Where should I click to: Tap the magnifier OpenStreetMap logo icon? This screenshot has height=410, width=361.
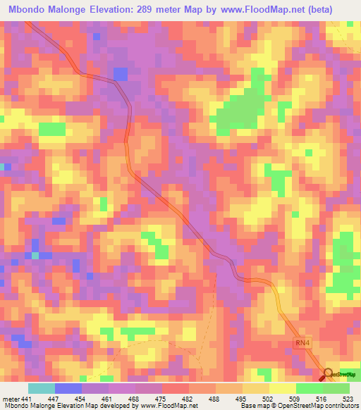pyautogui.click(x=328, y=373)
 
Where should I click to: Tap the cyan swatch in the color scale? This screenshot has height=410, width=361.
pyautogui.click(x=42, y=388)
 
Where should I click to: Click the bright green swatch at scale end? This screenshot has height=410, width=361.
pyautogui.click(x=336, y=388)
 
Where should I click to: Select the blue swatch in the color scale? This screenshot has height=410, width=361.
pyautogui.click(x=68, y=388)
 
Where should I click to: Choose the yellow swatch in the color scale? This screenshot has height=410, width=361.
pyautogui.click(x=283, y=388)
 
